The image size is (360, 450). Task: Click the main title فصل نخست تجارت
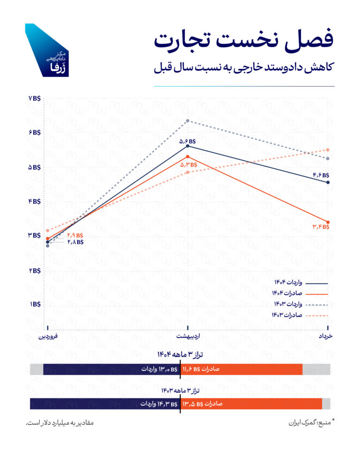pyautogui.click(x=244, y=40)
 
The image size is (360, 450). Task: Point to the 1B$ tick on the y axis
pyautogui.click(x=35, y=304)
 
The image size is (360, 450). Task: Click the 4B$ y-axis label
pyautogui.click(x=35, y=201)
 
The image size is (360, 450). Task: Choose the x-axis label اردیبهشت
pyautogui.click(x=187, y=337)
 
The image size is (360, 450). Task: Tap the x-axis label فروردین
pyautogui.click(x=49, y=337)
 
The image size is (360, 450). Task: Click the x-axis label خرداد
pyautogui.click(x=324, y=337)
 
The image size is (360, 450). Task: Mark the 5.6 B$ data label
pyautogui.click(x=187, y=141)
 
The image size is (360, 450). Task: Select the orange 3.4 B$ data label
pyautogui.click(x=321, y=227)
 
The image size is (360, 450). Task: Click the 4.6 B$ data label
pyautogui.click(x=322, y=175)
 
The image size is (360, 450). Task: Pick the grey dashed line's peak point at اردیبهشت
pyautogui.click(x=187, y=121)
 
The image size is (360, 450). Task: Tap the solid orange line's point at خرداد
pyautogui.click(x=328, y=222)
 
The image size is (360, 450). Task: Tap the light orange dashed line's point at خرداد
pyautogui.click(x=328, y=150)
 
